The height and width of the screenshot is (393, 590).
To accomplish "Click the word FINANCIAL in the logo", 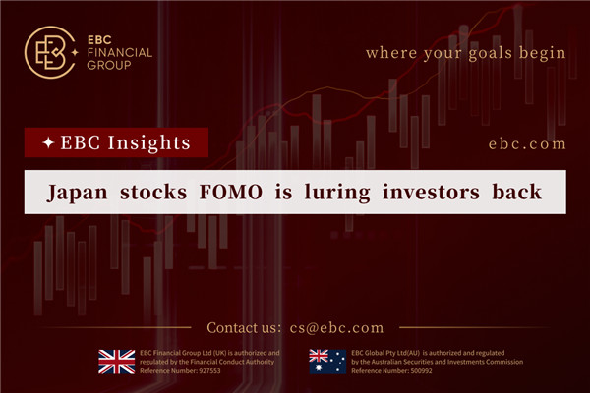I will pos(118,53).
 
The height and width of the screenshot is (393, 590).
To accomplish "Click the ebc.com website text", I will pos(527,143).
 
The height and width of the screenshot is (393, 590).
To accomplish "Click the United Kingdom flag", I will pos(117,362).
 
